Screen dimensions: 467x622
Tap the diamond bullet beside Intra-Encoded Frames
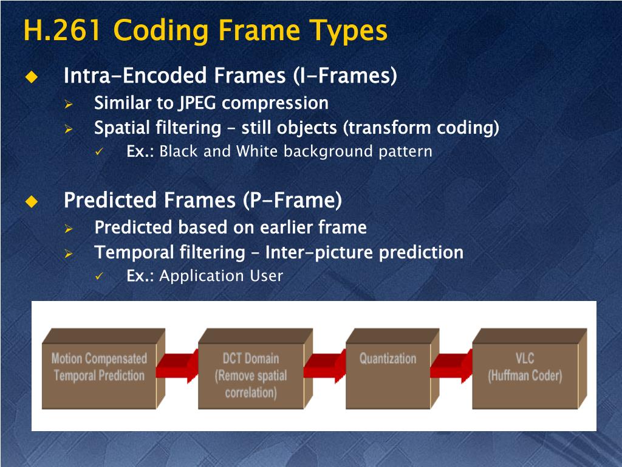31,77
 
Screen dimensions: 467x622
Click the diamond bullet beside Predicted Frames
31,201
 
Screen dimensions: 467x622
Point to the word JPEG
197,103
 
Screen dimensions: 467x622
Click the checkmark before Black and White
100,152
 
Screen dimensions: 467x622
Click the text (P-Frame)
292,199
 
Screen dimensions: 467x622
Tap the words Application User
221,276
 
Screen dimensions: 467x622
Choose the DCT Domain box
251,374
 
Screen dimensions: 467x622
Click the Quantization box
388,371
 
